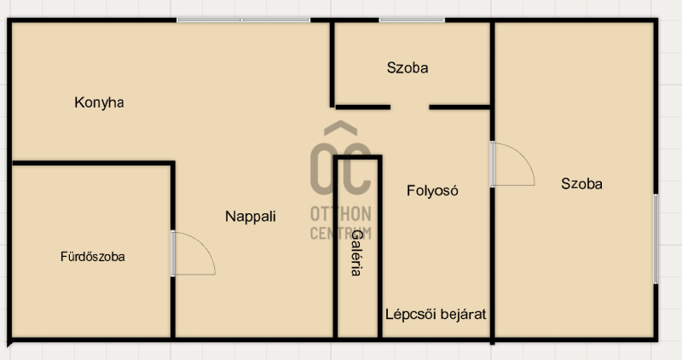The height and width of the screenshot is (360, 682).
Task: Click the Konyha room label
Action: (x=99, y=102)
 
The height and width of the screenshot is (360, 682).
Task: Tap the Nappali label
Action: (x=251, y=217)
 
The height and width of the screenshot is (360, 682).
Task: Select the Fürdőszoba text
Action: (x=93, y=257)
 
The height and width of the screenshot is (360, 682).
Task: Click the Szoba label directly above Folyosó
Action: (x=407, y=68)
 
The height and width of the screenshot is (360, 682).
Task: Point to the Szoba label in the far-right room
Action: (x=581, y=183)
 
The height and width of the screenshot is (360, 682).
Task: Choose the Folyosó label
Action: (x=432, y=191)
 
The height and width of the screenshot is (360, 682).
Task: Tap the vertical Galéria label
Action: (x=356, y=253)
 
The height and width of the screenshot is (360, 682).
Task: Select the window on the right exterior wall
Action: (x=656, y=239)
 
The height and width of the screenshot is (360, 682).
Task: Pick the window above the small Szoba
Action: (x=412, y=20)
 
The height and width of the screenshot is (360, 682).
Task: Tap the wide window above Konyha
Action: (x=243, y=20)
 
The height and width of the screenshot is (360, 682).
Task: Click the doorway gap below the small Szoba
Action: (x=410, y=107)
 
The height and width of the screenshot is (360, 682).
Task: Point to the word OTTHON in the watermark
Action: (x=341, y=214)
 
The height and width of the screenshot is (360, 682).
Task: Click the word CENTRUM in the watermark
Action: (x=341, y=234)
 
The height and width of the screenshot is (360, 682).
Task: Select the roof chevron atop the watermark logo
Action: (x=340, y=128)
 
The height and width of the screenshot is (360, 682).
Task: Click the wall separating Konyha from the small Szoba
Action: (x=332, y=64)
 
